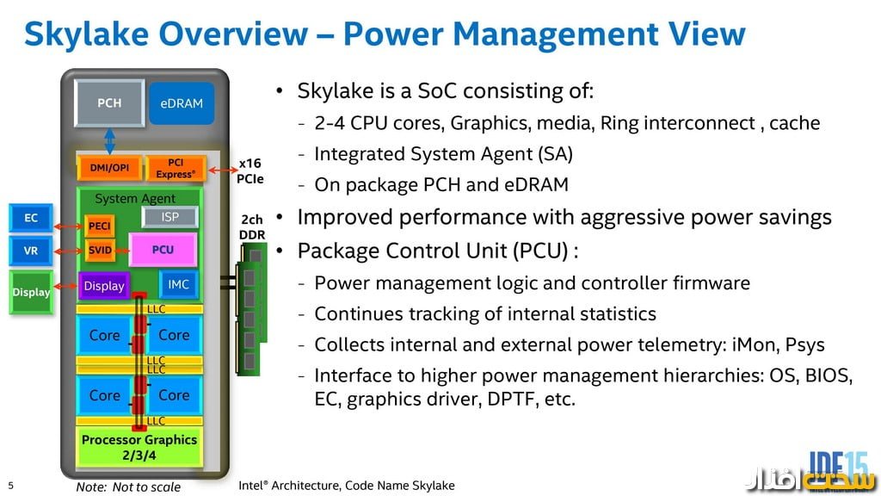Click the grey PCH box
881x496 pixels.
click(108, 104)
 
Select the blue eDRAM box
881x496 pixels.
click(182, 104)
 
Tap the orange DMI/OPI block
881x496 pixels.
click(108, 168)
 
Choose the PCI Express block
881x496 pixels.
click(176, 168)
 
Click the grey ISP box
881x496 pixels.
click(169, 218)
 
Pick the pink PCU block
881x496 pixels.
click(163, 250)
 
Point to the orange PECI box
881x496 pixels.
click(100, 226)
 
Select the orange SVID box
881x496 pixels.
click(100, 251)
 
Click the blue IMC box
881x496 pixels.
click(178, 284)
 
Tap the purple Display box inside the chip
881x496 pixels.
click(104, 286)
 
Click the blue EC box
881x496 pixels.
click(31, 219)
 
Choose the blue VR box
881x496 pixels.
click(31, 251)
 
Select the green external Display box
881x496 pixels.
click(31, 293)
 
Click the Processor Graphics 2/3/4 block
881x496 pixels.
click(139, 446)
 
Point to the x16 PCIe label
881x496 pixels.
click(250, 170)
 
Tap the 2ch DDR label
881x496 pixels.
click(252, 227)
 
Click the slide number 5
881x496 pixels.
click(10, 486)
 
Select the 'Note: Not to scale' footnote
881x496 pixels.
click(128, 487)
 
